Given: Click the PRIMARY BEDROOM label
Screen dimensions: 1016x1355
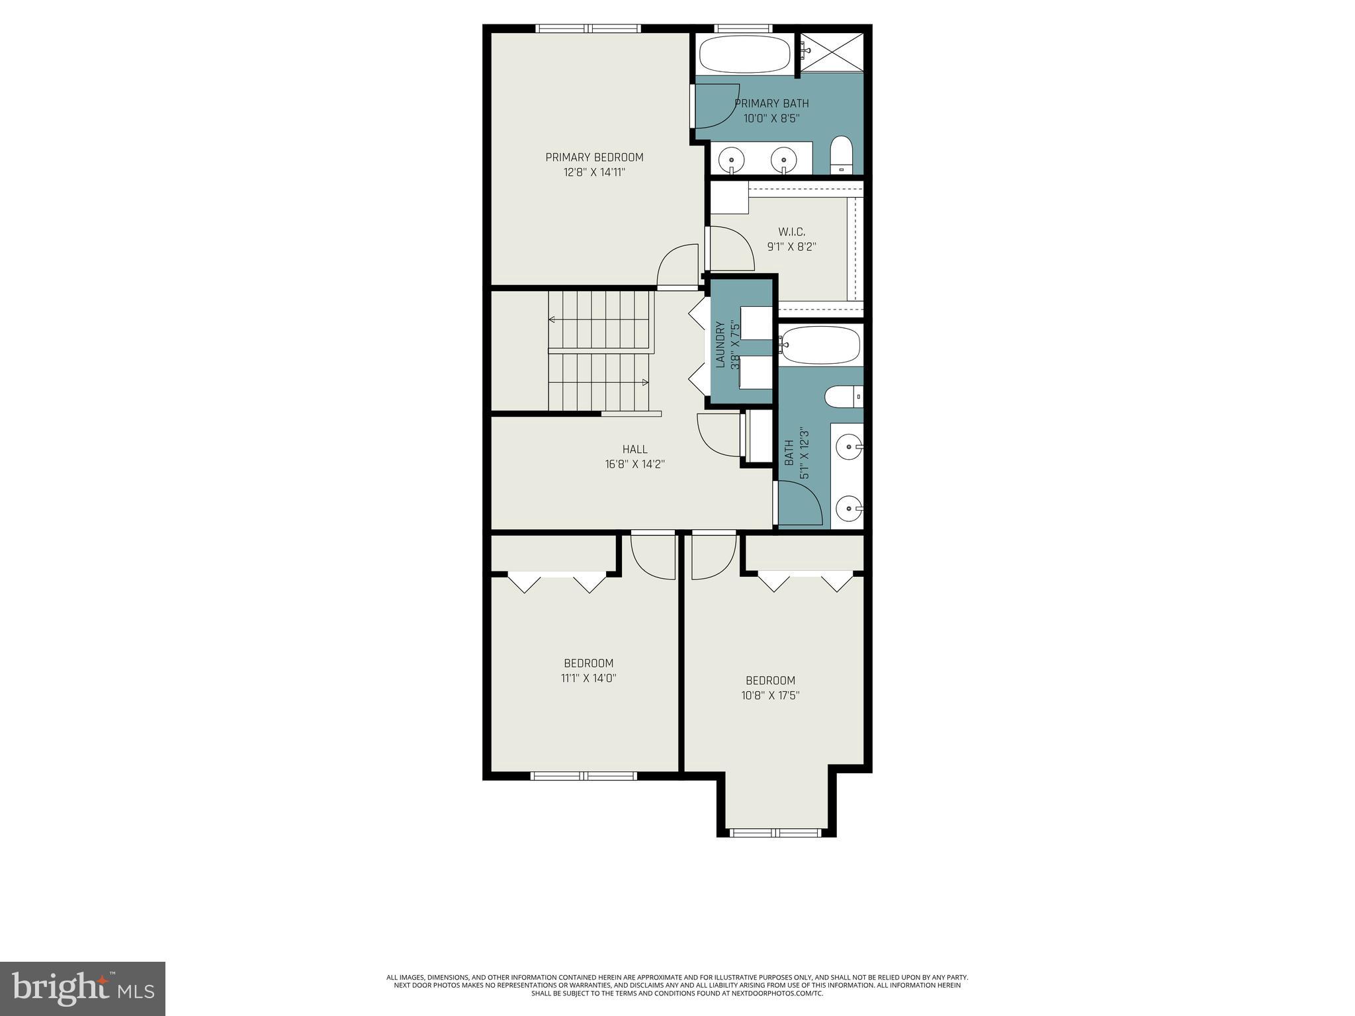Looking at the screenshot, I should tap(594, 157).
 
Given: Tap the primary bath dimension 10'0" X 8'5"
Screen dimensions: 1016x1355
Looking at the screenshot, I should tap(771, 118).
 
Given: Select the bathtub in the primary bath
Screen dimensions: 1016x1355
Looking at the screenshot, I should tap(744, 55).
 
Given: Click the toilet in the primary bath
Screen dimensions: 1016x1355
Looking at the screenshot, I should tap(842, 155).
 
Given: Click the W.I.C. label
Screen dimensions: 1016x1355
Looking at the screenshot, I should tap(791, 232).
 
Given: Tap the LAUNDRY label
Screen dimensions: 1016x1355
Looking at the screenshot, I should tap(721, 344).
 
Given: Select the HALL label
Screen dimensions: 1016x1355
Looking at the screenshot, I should tap(634, 449).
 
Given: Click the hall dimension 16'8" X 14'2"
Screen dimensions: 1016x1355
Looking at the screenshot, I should tap(634, 464).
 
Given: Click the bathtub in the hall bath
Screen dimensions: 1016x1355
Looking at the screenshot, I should tap(820, 345).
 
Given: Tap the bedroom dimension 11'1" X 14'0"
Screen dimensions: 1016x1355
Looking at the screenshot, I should tap(588, 678).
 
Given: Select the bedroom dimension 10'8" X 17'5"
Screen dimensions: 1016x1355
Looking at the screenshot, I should tap(770, 695).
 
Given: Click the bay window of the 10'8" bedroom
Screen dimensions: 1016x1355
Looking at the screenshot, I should tap(775, 833).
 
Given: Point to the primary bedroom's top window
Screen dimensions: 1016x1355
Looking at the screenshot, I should tap(588, 28).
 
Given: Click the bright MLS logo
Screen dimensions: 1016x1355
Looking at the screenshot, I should tap(83, 988).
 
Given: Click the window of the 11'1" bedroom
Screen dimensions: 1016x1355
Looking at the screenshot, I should tap(584, 776).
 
